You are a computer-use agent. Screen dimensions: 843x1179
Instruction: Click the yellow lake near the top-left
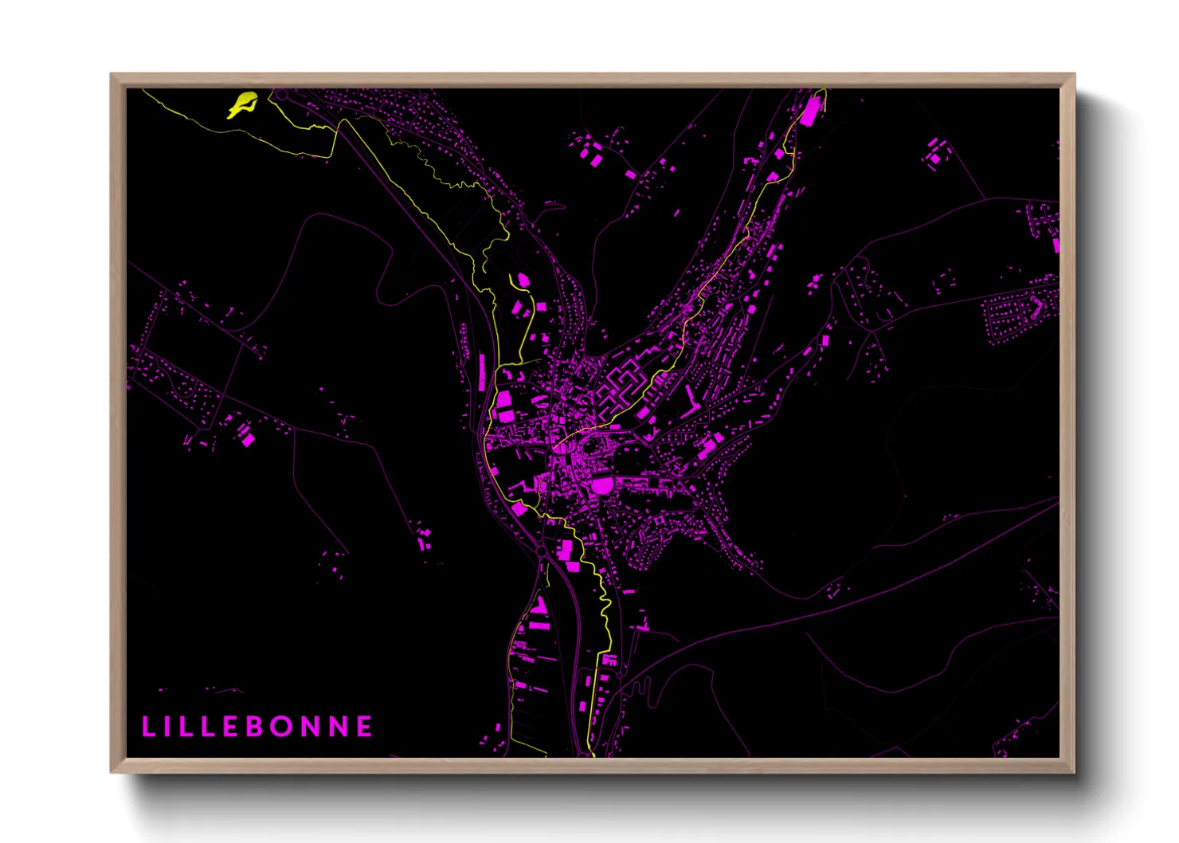(243, 104)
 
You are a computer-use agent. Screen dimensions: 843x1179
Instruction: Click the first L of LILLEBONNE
(147, 727)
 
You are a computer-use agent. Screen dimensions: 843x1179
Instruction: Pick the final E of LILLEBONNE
(364, 727)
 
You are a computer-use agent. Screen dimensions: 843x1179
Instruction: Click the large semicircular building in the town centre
(602, 484)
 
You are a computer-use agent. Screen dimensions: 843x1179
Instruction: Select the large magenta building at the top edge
(809, 111)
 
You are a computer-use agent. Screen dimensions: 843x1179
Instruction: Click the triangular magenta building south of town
(539, 606)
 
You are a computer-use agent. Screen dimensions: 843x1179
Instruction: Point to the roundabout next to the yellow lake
(280, 95)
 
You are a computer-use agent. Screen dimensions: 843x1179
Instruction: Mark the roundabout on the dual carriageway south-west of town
(541, 550)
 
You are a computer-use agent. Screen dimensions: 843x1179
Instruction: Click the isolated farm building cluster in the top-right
(936, 151)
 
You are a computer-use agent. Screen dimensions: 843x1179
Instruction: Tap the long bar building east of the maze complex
(690, 399)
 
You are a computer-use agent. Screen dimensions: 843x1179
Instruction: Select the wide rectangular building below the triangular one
(538, 626)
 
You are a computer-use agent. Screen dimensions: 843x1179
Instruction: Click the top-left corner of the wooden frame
(112, 74)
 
